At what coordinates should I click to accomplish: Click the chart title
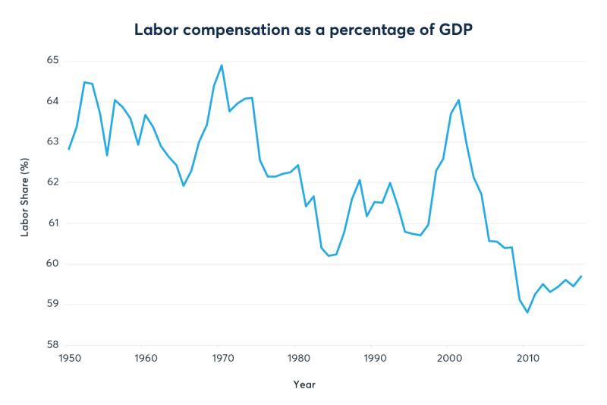[x=303, y=30]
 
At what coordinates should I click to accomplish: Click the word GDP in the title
[x=455, y=30]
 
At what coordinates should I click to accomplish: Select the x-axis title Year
[x=303, y=384]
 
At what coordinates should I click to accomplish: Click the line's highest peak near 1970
[x=221, y=65]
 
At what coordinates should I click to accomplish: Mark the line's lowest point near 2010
[x=527, y=312]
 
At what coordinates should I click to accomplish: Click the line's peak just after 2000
[x=458, y=100]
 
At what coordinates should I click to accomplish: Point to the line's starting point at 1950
[x=69, y=149]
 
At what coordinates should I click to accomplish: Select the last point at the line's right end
[x=581, y=276]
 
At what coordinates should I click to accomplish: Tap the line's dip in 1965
[x=183, y=185]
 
